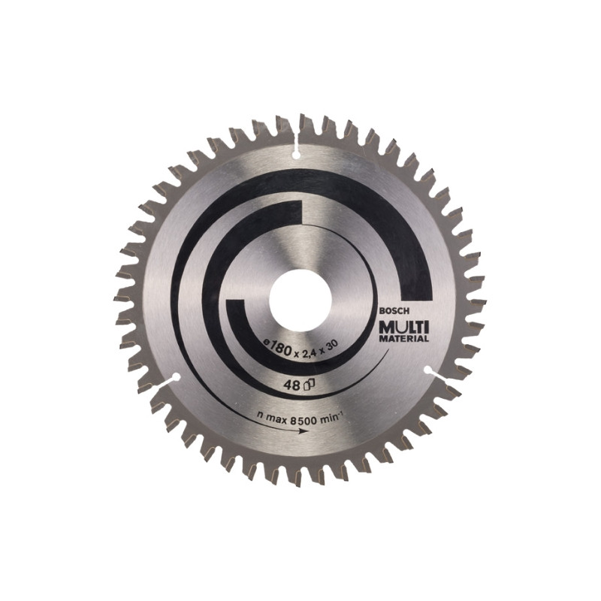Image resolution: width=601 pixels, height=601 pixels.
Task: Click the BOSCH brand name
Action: pos(389,312)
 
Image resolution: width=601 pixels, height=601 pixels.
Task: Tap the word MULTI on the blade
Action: pos(403,328)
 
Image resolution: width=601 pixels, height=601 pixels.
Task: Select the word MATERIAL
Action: pos(403,339)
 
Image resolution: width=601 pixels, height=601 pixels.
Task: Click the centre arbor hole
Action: pos(300,299)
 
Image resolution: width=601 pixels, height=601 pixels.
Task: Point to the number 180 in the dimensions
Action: pos(281,349)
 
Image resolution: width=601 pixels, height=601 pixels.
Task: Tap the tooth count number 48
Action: pos(293,385)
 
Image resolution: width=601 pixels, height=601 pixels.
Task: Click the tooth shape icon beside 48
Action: pos(309,384)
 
